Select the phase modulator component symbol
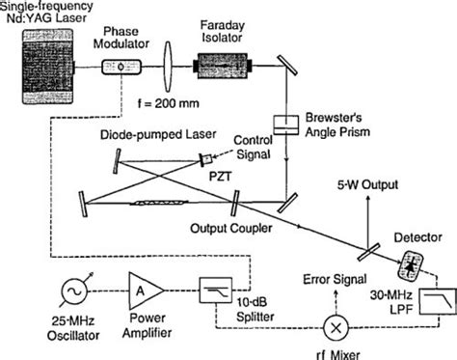121,69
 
